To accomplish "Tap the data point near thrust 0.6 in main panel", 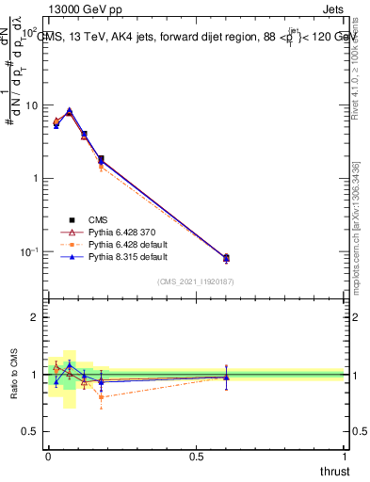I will coord(226,257).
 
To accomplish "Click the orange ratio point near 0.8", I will coord(101,396).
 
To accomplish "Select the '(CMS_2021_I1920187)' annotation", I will coord(196,281).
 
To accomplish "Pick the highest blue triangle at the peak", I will coord(69,110).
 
